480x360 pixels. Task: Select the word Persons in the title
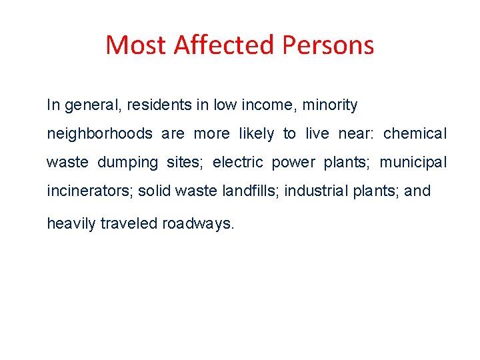[x=329, y=45]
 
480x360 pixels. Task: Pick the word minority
[x=330, y=105]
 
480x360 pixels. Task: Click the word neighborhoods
[x=99, y=134]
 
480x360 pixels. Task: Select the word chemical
[x=415, y=134]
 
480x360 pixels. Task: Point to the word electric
[x=238, y=163]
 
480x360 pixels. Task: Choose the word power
[x=293, y=163]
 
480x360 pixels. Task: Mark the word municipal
[x=413, y=163]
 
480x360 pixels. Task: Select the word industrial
[x=316, y=191]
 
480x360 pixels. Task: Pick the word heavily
[x=71, y=224]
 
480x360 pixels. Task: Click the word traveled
[x=129, y=224]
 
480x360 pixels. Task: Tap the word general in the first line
[x=89, y=105]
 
